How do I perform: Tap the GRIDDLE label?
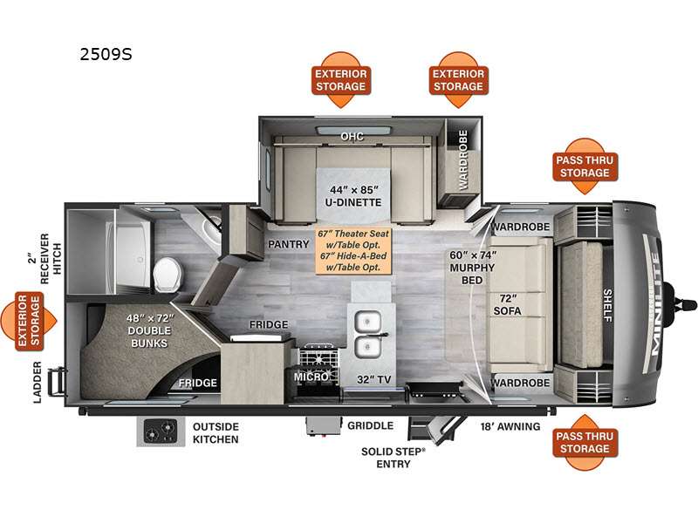coord(370,426)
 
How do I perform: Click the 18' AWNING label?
coord(511,426)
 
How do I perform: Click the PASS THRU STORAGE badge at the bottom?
coord(584,441)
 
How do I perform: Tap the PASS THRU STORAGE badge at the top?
coord(584,166)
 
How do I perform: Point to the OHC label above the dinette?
coord(352,136)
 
